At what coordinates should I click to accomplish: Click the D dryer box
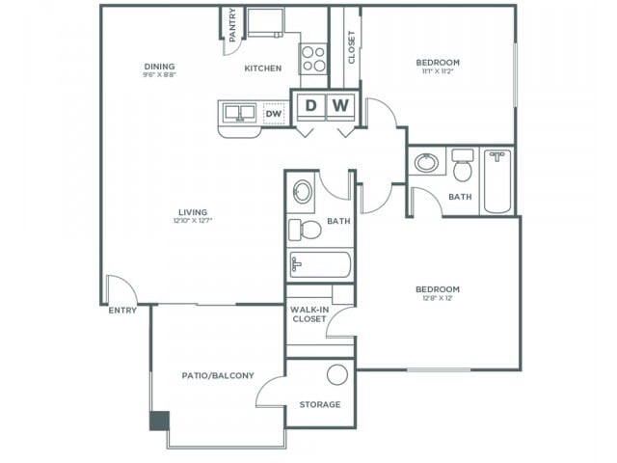(x=310, y=105)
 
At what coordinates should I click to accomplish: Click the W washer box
(x=342, y=105)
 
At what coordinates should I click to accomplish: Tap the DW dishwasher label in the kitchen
(x=273, y=114)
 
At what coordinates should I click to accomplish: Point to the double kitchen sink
(x=242, y=114)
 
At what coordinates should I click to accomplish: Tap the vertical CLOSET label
(x=352, y=45)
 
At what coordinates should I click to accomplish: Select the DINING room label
(x=159, y=66)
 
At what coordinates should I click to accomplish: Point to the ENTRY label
(x=122, y=310)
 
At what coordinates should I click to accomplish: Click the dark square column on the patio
(x=159, y=421)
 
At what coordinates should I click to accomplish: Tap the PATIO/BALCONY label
(x=218, y=374)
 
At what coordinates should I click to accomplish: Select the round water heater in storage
(x=336, y=375)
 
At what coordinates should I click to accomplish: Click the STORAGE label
(x=319, y=404)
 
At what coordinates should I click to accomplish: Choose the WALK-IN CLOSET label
(x=308, y=313)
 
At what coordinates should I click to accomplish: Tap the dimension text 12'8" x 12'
(x=437, y=298)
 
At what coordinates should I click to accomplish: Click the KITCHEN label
(x=262, y=68)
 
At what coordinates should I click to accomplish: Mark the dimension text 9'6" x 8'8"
(x=159, y=74)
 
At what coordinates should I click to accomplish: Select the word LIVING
(x=193, y=212)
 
